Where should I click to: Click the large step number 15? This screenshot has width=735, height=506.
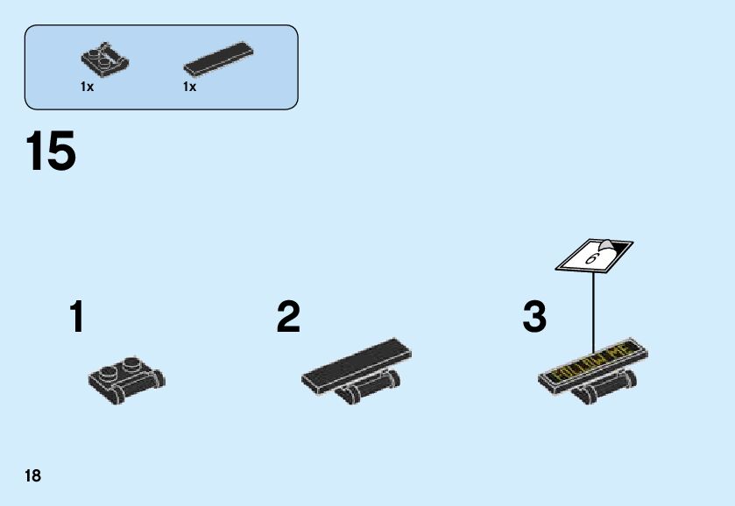click(x=51, y=151)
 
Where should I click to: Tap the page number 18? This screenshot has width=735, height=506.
click(x=32, y=476)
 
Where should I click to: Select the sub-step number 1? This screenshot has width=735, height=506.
click(x=78, y=317)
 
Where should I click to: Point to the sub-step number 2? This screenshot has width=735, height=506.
click(x=288, y=317)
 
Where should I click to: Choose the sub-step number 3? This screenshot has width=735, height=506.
click(x=534, y=317)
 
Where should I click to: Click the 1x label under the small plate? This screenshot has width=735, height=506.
click(x=87, y=87)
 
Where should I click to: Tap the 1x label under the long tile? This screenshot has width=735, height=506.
click(x=189, y=87)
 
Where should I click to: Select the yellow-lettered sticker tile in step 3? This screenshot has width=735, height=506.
click(x=595, y=362)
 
